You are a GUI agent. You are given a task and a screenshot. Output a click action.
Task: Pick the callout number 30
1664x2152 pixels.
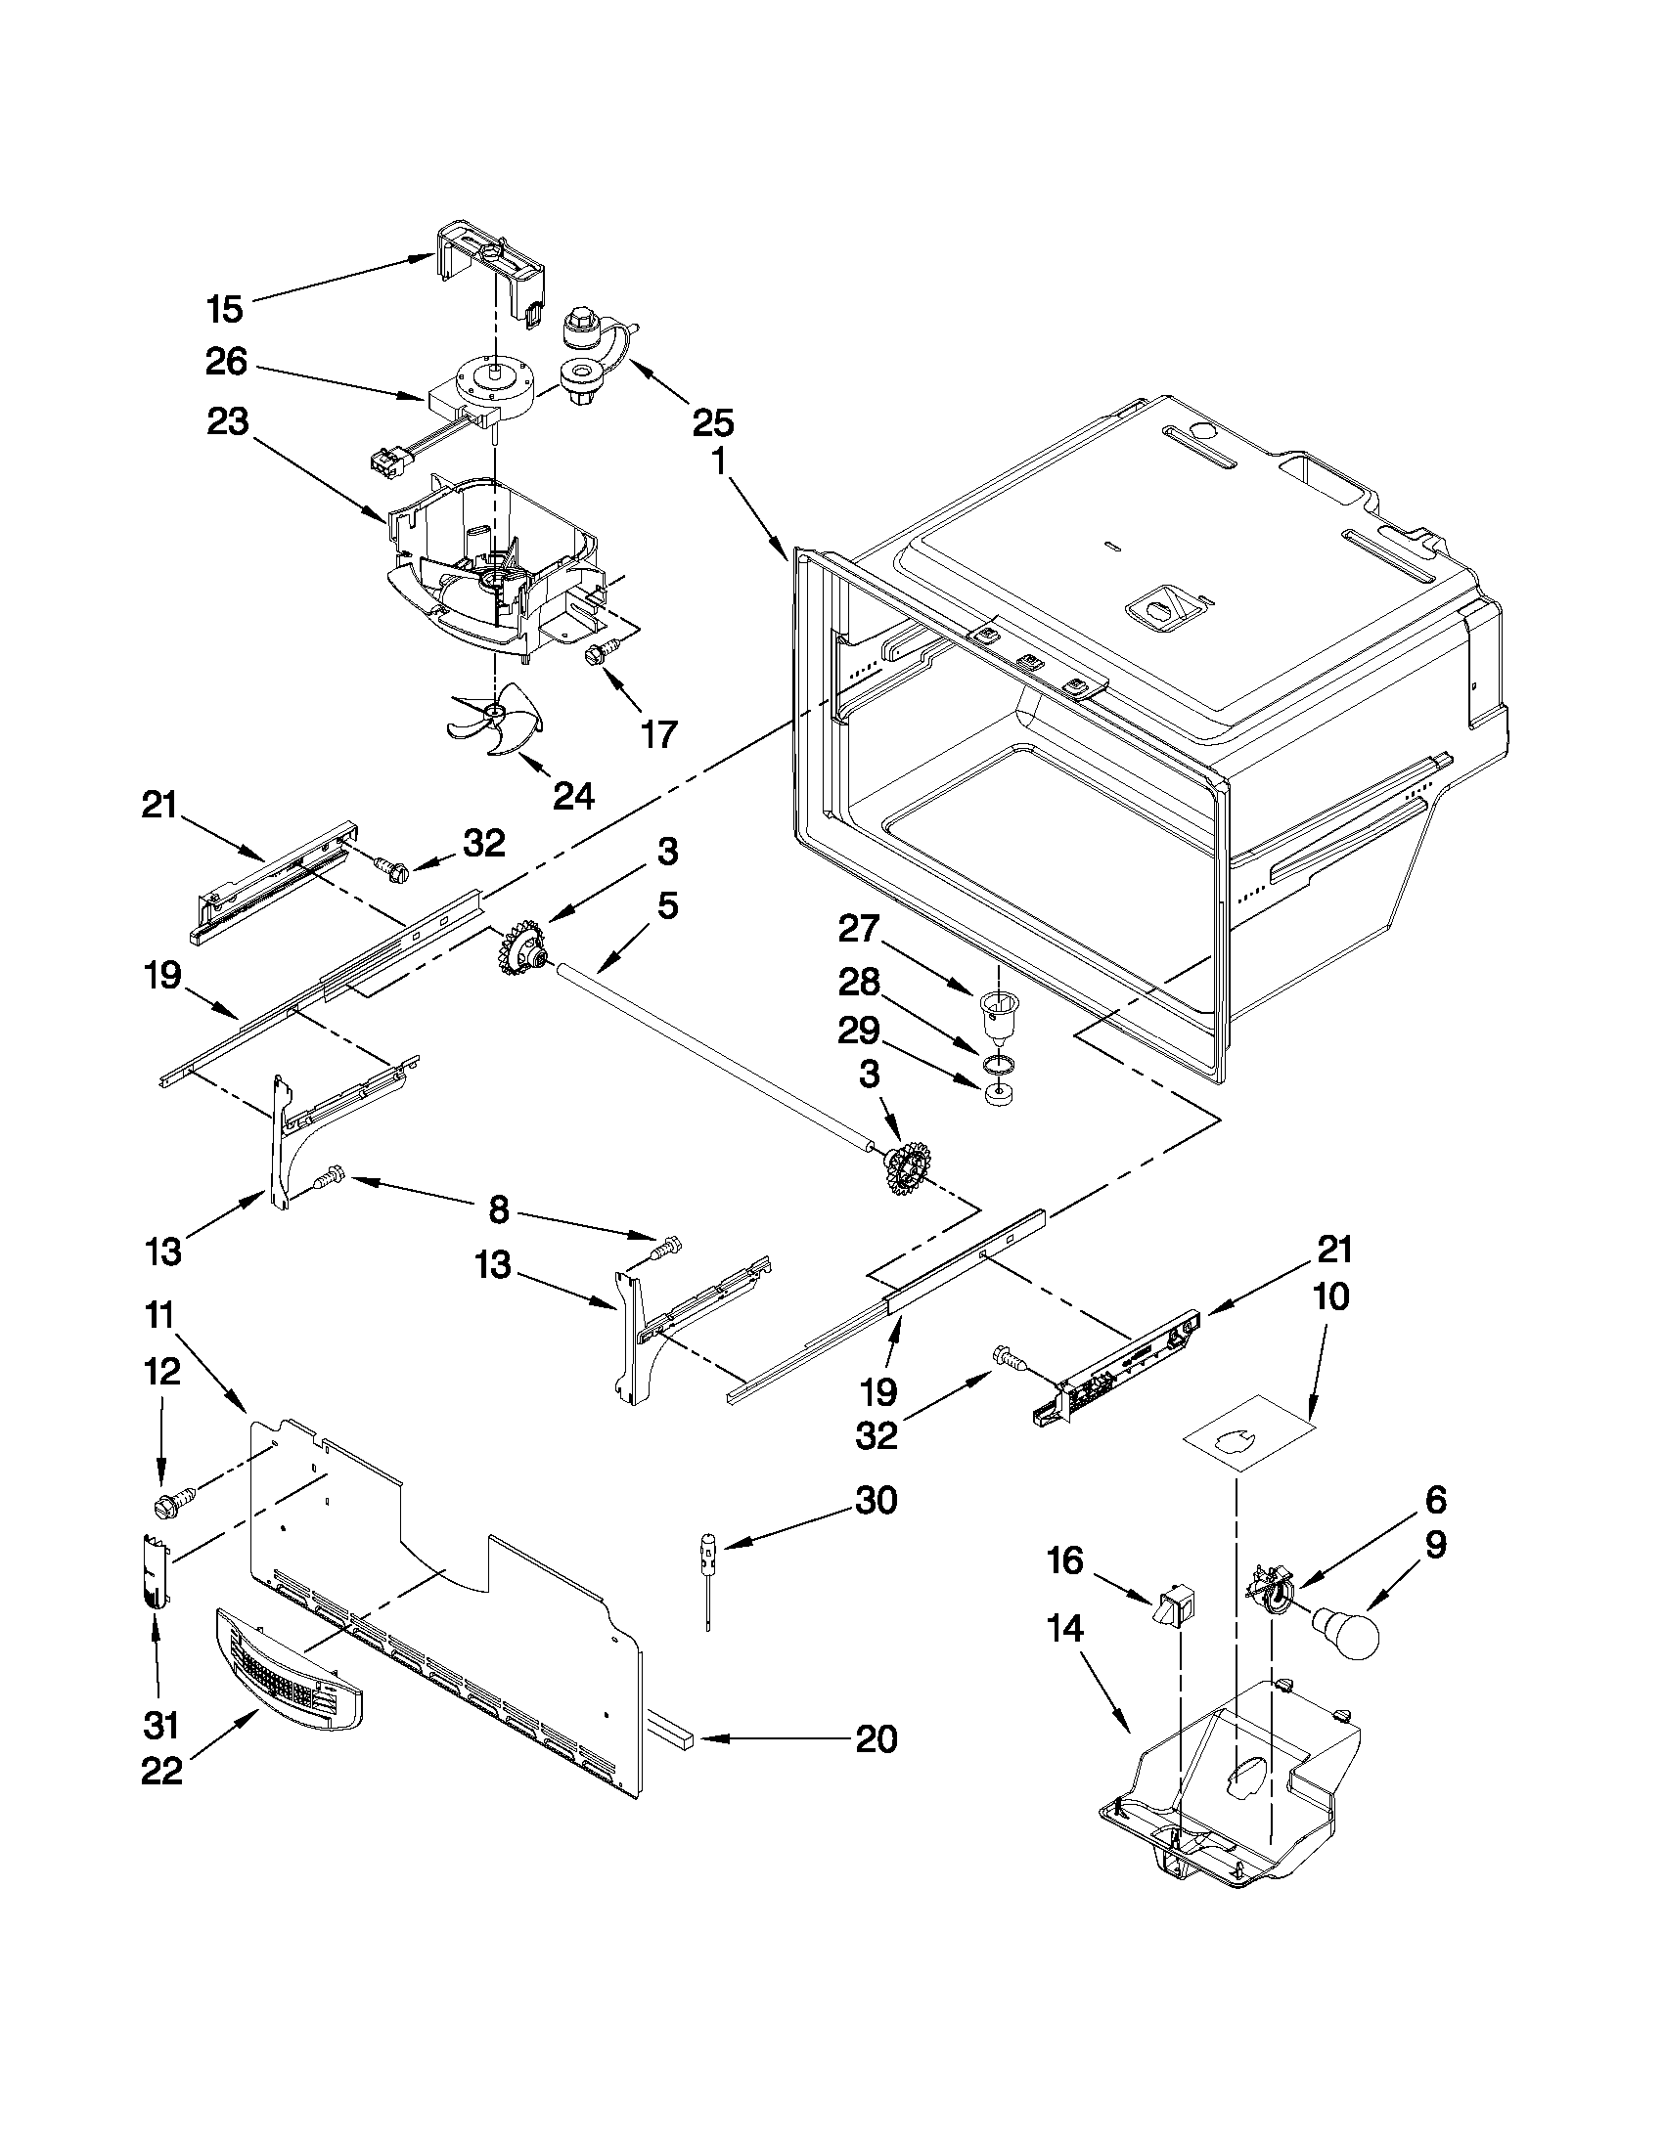(x=876, y=1501)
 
